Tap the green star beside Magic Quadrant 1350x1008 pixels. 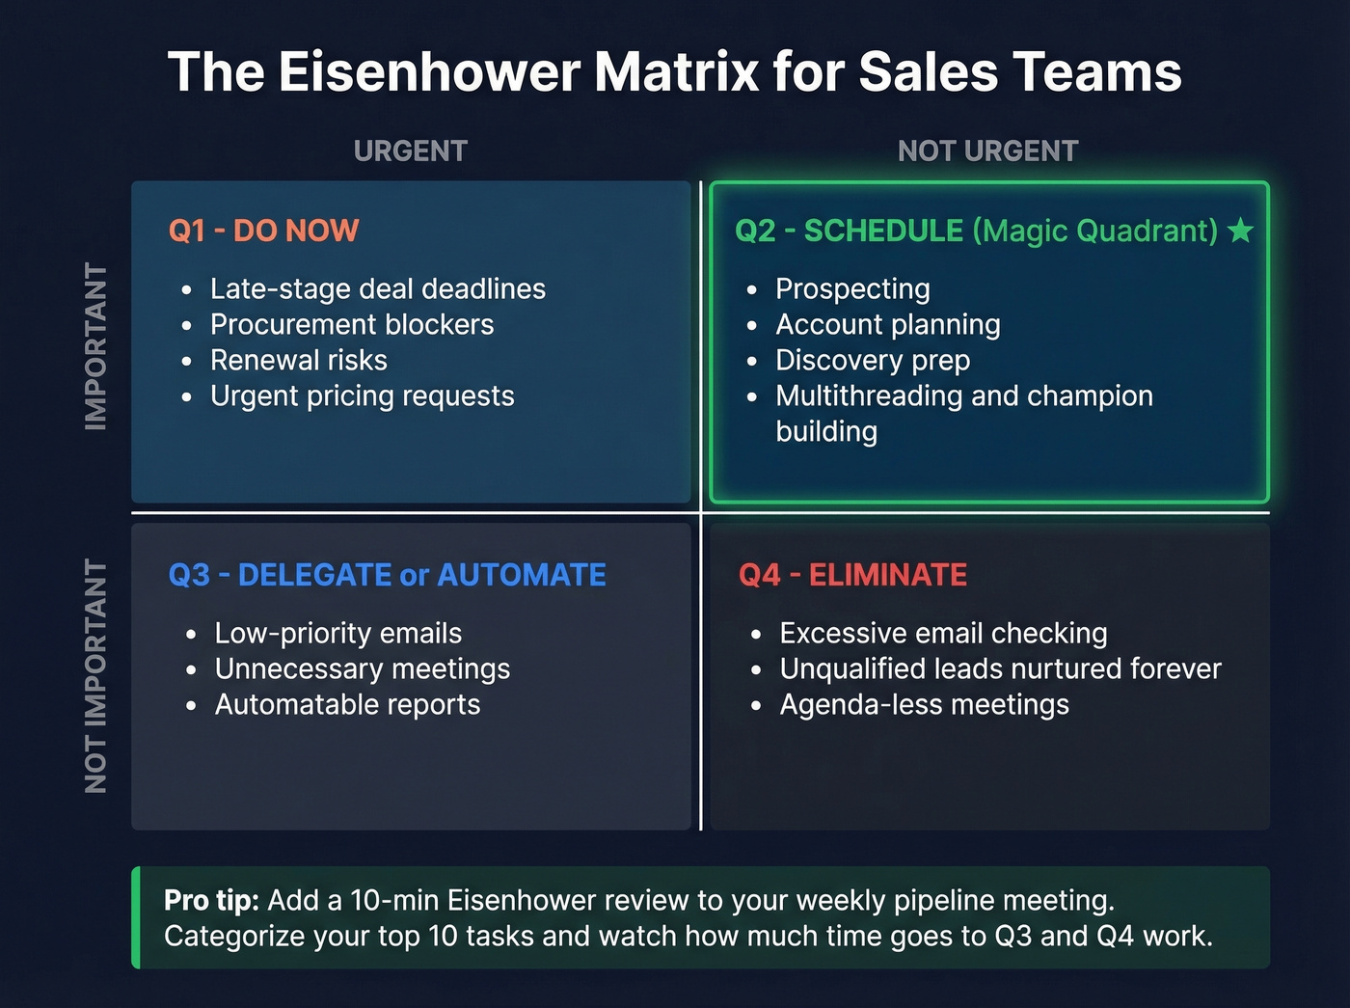(x=1240, y=231)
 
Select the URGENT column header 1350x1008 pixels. (x=410, y=151)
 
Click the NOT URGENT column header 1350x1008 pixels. (x=987, y=151)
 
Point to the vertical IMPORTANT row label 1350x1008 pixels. (x=95, y=345)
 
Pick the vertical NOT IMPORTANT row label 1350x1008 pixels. (x=95, y=675)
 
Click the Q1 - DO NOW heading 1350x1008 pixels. (x=263, y=231)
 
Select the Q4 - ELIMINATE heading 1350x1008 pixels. (x=852, y=575)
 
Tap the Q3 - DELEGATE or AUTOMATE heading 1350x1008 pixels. (x=387, y=575)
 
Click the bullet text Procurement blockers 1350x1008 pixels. (x=352, y=325)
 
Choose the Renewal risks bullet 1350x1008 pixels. (x=299, y=361)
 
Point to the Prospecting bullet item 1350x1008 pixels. (x=852, y=289)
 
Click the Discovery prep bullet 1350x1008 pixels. (x=873, y=361)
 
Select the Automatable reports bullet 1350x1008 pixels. (x=347, y=705)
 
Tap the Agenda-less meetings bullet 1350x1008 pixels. (x=924, y=705)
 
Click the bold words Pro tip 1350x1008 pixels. (x=211, y=900)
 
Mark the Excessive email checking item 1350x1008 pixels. (x=943, y=634)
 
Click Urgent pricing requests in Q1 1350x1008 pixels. (x=362, y=396)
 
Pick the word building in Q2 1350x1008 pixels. (x=826, y=432)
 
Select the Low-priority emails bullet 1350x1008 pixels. (x=337, y=634)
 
